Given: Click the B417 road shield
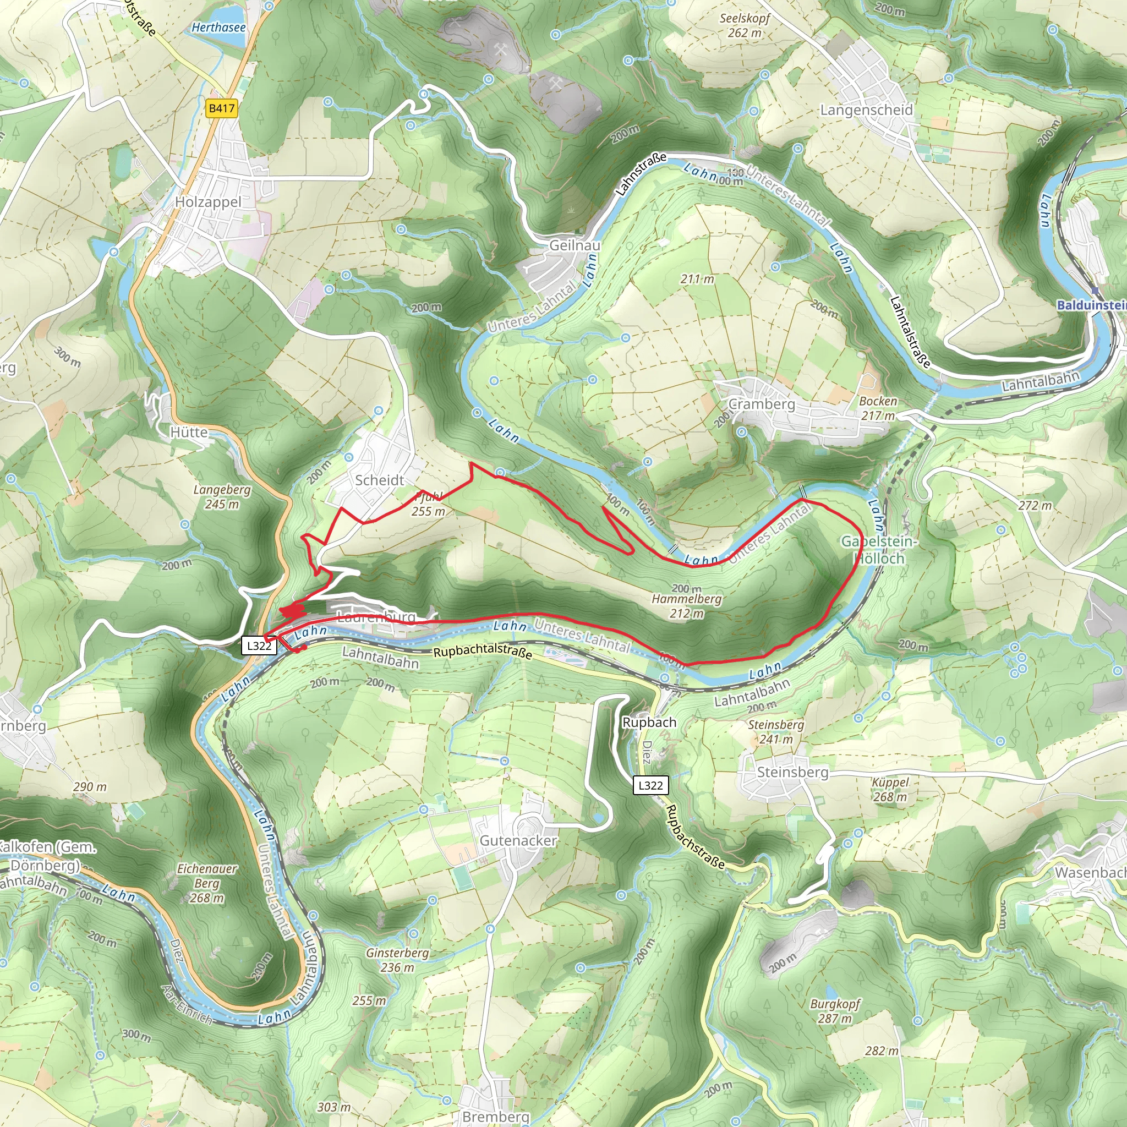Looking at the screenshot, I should [222, 108].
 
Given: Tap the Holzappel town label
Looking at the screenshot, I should [207, 202].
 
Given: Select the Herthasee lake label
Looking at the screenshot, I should [219, 28].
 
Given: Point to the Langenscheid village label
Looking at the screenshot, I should [866, 110].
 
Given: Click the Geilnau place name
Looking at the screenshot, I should [575, 245].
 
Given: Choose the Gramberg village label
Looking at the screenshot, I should [762, 404].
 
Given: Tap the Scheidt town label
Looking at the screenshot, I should [380, 480].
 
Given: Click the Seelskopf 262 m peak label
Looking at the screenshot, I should [745, 25].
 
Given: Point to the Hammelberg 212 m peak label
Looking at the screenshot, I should [687, 606].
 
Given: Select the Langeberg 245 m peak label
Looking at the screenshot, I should [222, 496].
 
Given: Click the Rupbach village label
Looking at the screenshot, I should [649, 722].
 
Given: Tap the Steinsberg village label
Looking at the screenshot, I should [792, 772].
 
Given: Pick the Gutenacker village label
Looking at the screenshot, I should [518, 841].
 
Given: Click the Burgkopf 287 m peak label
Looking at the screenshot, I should [835, 1011].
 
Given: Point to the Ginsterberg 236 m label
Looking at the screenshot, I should [398, 960].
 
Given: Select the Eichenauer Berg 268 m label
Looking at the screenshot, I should [207, 883].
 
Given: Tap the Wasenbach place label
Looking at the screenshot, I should [1090, 873].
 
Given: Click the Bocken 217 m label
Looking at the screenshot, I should [878, 408].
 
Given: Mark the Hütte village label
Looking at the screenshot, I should [189, 432].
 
